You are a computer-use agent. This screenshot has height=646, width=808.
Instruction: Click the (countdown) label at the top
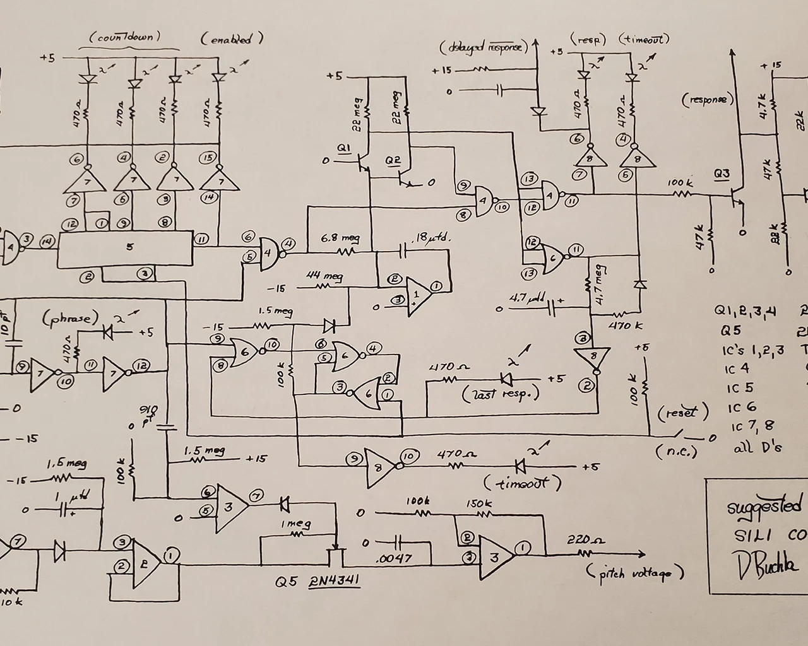[x=129, y=37]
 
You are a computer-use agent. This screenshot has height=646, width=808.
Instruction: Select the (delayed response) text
[x=482, y=48]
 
